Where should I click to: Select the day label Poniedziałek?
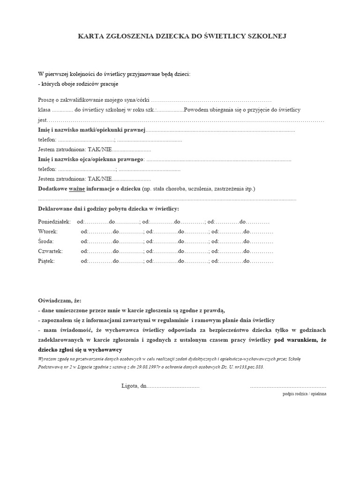(x=54, y=221)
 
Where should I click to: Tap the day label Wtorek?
(x=48, y=231)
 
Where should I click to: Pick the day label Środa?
(x=46, y=241)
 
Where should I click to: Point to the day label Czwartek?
(x=50, y=251)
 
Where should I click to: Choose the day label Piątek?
(x=46, y=261)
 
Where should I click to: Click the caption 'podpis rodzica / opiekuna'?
(x=305, y=394)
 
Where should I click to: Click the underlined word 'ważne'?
(x=77, y=188)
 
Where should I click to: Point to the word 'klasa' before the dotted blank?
(x=44, y=110)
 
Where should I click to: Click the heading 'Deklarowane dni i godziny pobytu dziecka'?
(x=108, y=208)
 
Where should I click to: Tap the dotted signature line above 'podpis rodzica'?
(x=288, y=386)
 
